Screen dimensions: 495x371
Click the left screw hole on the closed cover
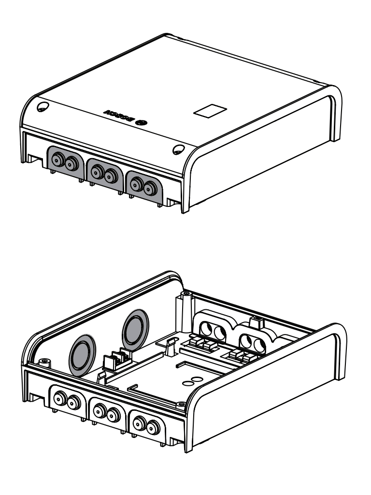tap(42, 106)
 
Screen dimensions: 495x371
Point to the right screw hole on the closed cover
tap(177, 149)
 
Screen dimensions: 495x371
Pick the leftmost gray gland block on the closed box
tap(65, 162)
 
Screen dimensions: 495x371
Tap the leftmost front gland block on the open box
tap(67, 399)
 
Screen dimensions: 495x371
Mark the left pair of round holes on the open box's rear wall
tap(213, 330)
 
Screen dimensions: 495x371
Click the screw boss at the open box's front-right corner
tap(180, 403)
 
